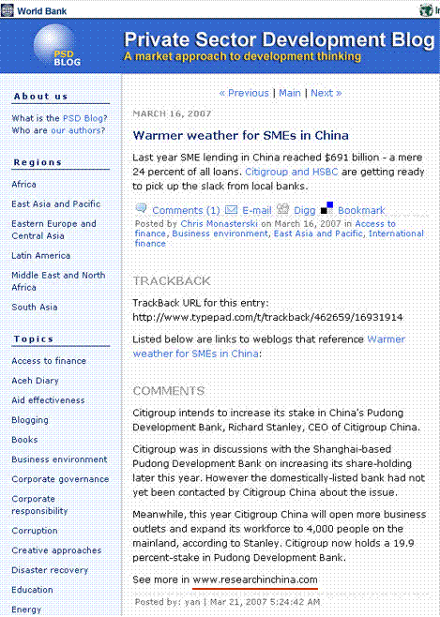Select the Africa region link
click(x=24, y=185)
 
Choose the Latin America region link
click(x=40, y=255)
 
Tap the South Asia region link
click(x=35, y=307)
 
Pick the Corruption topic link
click(x=35, y=531)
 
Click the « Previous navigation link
click(x=243, y=93)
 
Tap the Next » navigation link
click(x=326, y=93)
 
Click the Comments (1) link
click(x=186, y=210)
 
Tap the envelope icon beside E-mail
click(x=231, y=209)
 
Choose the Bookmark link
click(x=361, y=210)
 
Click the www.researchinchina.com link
click(x=255, y=579)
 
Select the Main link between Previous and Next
click(x=290, y=93)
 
